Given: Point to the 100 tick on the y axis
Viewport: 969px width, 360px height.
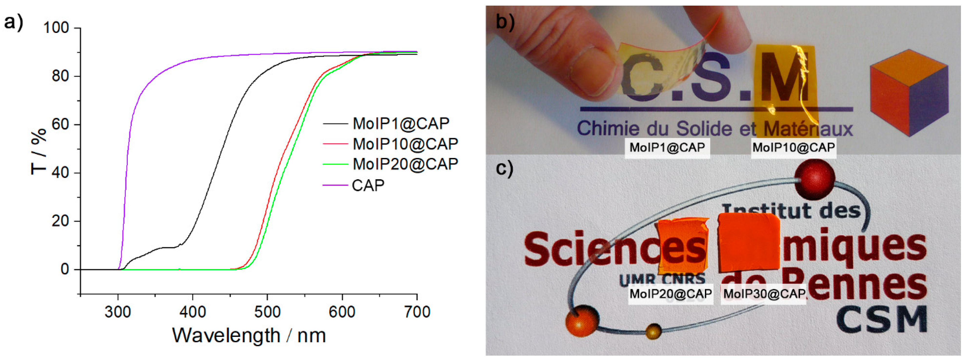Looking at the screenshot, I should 56,28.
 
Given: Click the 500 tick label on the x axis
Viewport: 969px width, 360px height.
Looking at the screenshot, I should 267,312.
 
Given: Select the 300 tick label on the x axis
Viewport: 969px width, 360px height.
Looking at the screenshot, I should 118,312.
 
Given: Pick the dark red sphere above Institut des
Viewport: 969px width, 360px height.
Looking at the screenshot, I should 815,178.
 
